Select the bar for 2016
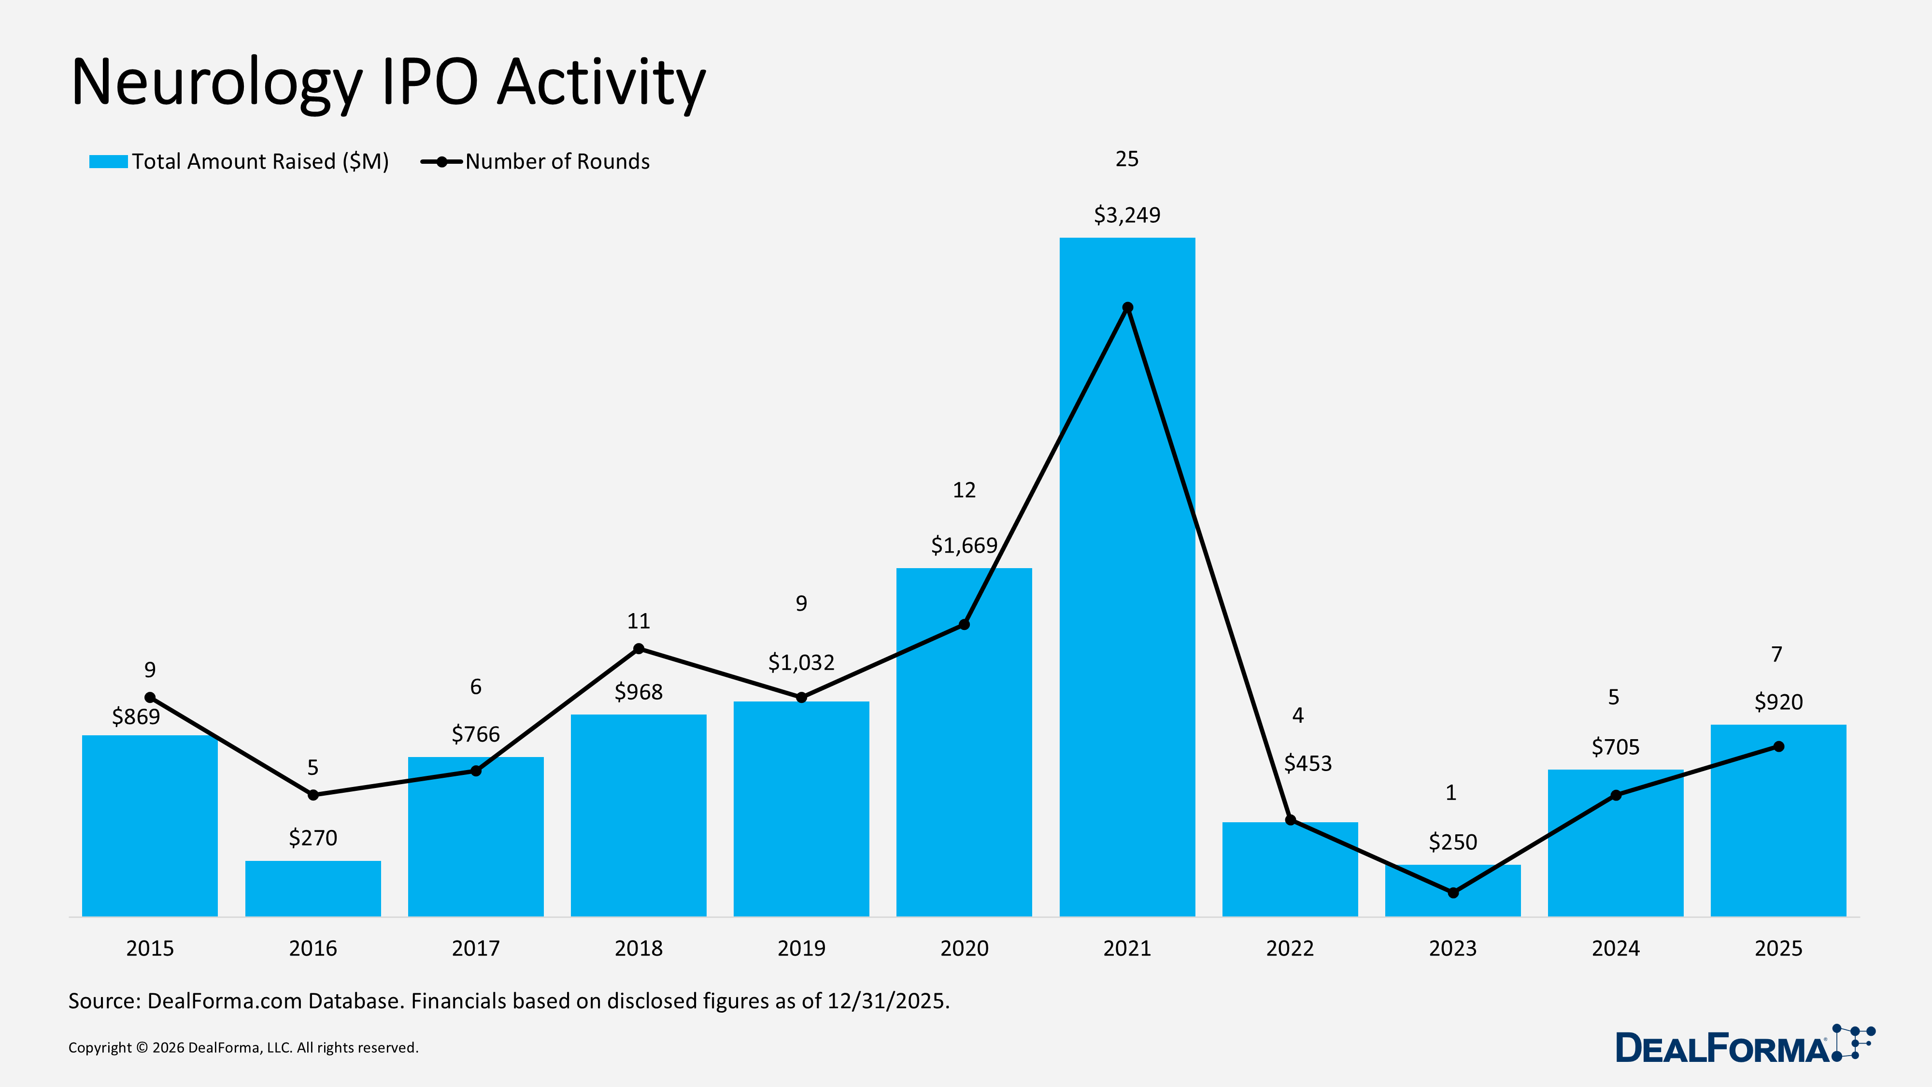click(313, 889)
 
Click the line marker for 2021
click(1127, 308)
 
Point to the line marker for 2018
click(638, 649)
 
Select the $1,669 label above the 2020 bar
click(964, 545)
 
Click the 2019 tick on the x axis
click(801, 948)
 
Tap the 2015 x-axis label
click(150, 948)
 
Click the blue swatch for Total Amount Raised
click(108, 161)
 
